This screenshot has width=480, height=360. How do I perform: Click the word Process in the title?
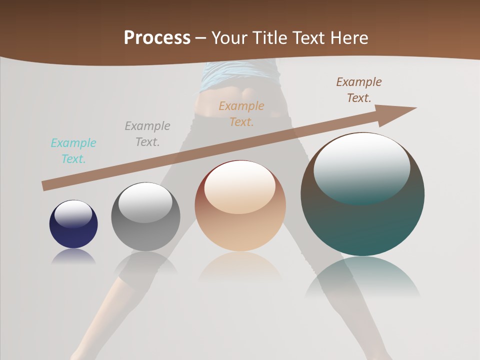pyautogui.click(x=157, y=38)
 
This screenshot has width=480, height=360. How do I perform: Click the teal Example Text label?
pyautogui.click(x=73, y=151)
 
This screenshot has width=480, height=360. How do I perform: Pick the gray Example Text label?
pyautogui.click(x=147, y=134)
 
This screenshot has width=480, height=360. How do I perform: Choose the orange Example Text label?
pyautogui.click(x=241, y=114)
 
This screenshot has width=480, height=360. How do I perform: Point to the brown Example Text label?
pyautogui.click(x=359, y=90)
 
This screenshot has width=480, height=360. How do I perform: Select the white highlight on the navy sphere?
pyautogui.click(x=73, y=213)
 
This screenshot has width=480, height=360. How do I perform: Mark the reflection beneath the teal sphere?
pyautogui.click(x=362, y=277)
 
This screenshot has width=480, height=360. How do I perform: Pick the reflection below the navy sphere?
pyautogui.click(x=73, y=256)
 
